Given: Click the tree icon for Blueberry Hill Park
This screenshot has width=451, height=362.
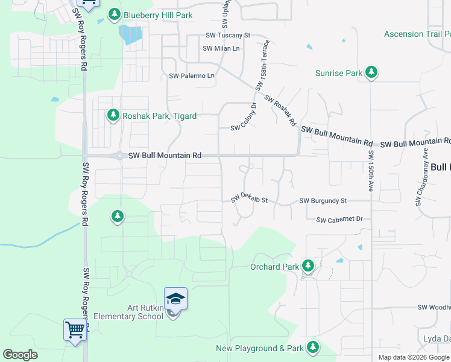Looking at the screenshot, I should pos(113,14).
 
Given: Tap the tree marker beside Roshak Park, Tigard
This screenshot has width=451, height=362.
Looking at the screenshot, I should pos(113,115).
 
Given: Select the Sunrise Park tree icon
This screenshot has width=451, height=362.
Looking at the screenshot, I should pos(371,74).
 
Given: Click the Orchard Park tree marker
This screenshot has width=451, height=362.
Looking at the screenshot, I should pos(308,266).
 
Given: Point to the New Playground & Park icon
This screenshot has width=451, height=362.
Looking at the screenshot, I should pos(312,348).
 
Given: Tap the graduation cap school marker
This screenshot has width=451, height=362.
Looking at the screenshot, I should pos(175,299).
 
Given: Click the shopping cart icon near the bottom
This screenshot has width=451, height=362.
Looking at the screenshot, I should pos(75,330).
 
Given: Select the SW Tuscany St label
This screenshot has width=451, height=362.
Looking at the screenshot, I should pos(227,36).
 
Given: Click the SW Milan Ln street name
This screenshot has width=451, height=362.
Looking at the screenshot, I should pos(221,48).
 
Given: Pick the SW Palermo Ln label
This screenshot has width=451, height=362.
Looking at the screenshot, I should pos(192,76).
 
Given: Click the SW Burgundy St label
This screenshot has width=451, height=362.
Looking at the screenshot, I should pos(323,200).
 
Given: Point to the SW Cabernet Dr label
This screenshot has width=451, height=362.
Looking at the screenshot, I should pos(339,219).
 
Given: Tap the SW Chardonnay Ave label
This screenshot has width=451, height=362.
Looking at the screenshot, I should pos(421,179).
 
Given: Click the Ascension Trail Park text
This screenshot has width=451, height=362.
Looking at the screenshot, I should pos(417,34).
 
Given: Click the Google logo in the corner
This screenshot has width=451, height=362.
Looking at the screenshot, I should pos(20,355).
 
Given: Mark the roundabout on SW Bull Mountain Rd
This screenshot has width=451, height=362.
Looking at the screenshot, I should pos(121,156).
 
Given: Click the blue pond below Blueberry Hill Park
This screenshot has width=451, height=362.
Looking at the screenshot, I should pos(130,35).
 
